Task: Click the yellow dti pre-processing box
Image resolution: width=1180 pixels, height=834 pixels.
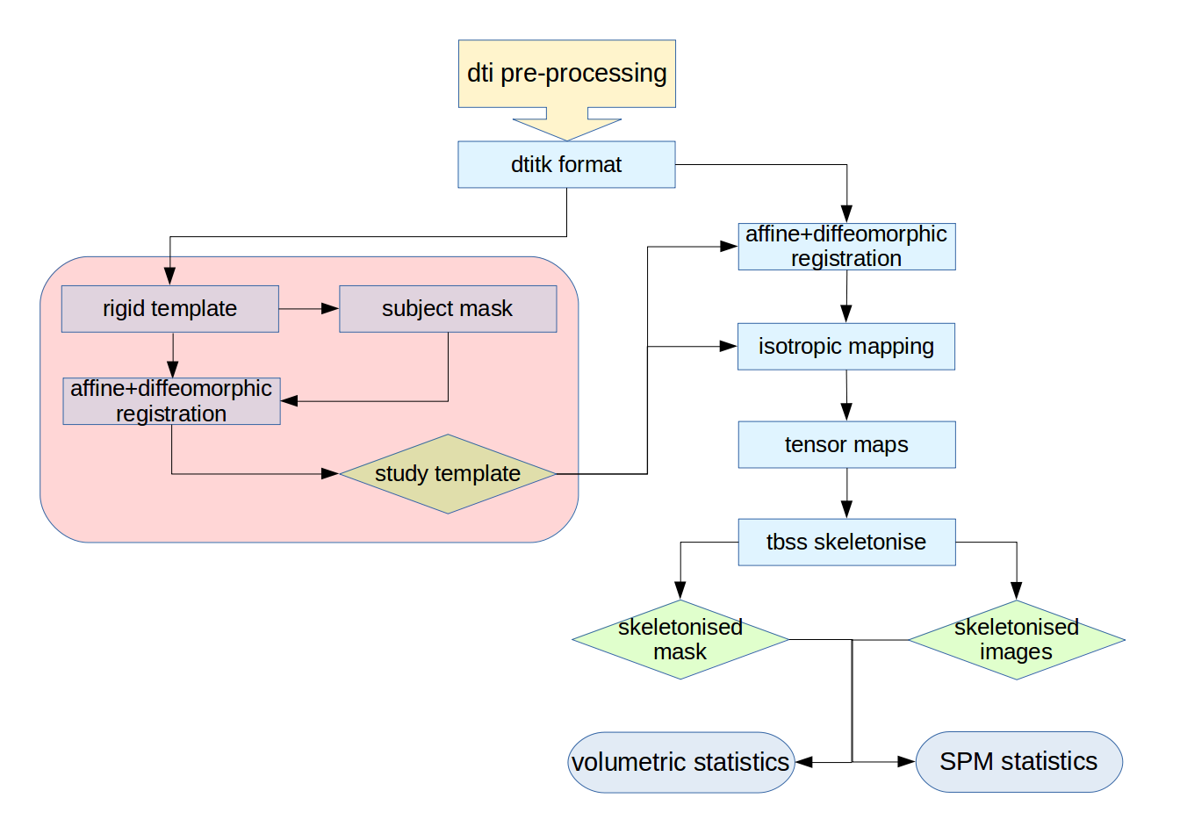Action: pyautogui.click(x=566, y=74)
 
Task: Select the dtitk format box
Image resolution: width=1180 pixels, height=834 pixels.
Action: pyautogui.click(x=566, y=165)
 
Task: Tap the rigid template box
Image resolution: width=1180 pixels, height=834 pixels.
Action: pyautogui.click(x=169, y=309)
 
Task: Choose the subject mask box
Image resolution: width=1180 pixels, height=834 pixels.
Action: pyautogui.click(x=448, y=309)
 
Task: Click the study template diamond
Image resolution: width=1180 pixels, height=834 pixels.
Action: pyautogui.click(x=448, y=474)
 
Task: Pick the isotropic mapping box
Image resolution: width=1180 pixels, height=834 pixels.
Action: pyautogui.click(x=845, y=347)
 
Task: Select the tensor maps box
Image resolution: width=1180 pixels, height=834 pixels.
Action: pyautogui.click(x=846, y=445)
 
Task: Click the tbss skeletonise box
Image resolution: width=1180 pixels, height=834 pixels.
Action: pyautogui.click(x=846, y=543)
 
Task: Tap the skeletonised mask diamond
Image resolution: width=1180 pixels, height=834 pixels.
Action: pyautogui.click(x=680, y=640)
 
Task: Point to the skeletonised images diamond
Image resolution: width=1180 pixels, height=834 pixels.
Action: pyautogui.click(x=1017, y=640)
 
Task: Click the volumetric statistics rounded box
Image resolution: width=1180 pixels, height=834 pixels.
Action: pyautogui.click(x=680, y=762)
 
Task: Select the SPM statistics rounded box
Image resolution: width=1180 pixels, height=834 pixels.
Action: pyautogui.click(x=1018, y=762)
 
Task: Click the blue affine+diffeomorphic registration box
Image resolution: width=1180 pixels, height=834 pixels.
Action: pyautogui.click(x=846, y=247)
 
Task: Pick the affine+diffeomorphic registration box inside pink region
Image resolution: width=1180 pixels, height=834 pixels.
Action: pyautogui.click(x=171, y=401)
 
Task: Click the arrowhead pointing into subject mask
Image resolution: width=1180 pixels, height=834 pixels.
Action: pyautogui.click(x=331, y=309)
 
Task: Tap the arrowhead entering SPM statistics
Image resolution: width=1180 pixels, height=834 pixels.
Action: pyautogui.click(x=907, y=762)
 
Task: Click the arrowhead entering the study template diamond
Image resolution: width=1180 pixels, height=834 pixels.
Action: pyautogui.click(x=330, y=474)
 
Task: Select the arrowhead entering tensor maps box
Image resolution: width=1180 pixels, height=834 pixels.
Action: pyautogui.click(x=846, y=413)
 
